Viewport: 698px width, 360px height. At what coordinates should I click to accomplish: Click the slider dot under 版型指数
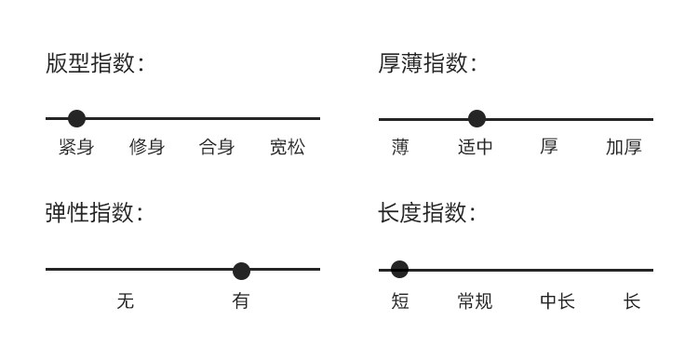pyautogui.click(x=76, y=119)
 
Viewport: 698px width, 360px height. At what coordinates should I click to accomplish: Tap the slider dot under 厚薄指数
pyautogui.click(x=477, y=119)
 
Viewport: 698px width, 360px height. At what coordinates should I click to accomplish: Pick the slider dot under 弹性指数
pyautogui.click(x=241, y=271)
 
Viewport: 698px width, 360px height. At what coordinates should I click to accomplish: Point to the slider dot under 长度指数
pyautogui.click(x=399, y=269)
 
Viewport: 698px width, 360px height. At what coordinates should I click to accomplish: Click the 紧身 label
pyautogui.click(x=76, y=147)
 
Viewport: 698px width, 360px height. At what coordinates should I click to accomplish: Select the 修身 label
pyautogui.click(x=147, y=147)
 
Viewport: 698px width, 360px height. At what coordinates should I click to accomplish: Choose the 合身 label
pyautogui.click(x=217, y=147)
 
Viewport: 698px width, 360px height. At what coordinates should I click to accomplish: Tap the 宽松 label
pyautogui.click(x=288, y=147)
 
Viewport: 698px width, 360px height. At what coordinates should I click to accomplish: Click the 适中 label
pyautogui.click(x=476, y=147)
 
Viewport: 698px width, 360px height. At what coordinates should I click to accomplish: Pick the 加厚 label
pyautogui.click(x=624, y=147)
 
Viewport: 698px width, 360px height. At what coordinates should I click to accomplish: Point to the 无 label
pyautogui.click(x=126, y=301)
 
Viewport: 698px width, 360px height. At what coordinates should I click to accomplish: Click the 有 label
pyautogui.click(x=241, y=301)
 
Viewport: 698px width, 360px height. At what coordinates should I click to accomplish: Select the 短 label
pyautogui.click(x=400, y=301)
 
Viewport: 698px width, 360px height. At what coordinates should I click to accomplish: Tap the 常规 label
pyautogui.click(x=475, y=301)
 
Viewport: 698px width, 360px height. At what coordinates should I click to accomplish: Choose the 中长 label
pyautogui.click(x=557, y=301)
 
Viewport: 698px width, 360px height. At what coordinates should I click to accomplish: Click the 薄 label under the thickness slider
pyautogui.click(x=400, y=147)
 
